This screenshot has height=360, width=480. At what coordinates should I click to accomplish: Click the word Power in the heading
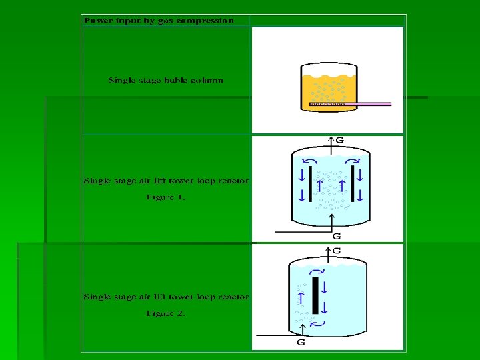pos(95,21)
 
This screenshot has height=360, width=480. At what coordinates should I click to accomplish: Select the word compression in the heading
pos(207,21)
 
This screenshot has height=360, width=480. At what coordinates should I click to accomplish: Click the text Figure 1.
pos(166,197)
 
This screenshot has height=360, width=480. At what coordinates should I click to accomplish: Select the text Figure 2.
pos(166,313)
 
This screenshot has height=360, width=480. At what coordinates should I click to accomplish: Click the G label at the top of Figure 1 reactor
pos(339,141)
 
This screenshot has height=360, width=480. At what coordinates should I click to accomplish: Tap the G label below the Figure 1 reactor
pos(337,236)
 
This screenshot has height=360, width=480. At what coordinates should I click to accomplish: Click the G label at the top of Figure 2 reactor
pos(337,251)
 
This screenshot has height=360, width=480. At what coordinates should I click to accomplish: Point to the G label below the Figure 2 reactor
pos(301,343)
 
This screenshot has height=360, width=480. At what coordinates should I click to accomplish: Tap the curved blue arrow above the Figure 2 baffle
pos(317,272)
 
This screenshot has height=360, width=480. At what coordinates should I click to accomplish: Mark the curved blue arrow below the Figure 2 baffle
pos(318,323)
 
